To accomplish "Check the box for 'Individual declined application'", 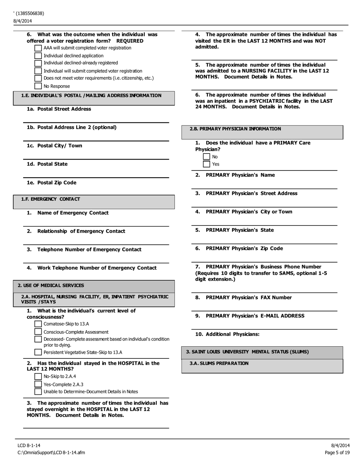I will pyautogui.click(x=38, y=56).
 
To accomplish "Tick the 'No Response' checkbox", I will pyautogui.click(x=38, y=86).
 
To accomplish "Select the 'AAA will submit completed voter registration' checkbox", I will pyautogui.click(x=38, y=48).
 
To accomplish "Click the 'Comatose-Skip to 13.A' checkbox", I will pyautogui.click(x=38, y=324).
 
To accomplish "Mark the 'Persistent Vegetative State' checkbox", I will pyautogui.click(x=38, y=352).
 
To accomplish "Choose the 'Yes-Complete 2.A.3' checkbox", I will pyautogui.click(x=38, y=384).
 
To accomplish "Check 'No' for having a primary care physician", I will pyautogui.click(x=207, y=157).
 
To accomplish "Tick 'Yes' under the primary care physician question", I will pyautogui.click(x=207, y=164).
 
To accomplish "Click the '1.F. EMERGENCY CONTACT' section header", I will pyautogui.click(x=50, y=199).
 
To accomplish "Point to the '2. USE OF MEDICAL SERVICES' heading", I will pyautogui.click(x=51, y=285).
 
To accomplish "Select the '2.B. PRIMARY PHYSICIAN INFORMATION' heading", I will pyautogui.click(x=235, y=129).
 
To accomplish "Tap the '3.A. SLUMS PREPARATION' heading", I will pyautogui.click(x=219, y=363).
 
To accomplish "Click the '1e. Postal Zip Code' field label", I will pyautogui.click(x=51, y=183).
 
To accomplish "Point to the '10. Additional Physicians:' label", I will pyautogui.click(x=227, y=334).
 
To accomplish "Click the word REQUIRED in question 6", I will pyautogui.click(x=130, y=41).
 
